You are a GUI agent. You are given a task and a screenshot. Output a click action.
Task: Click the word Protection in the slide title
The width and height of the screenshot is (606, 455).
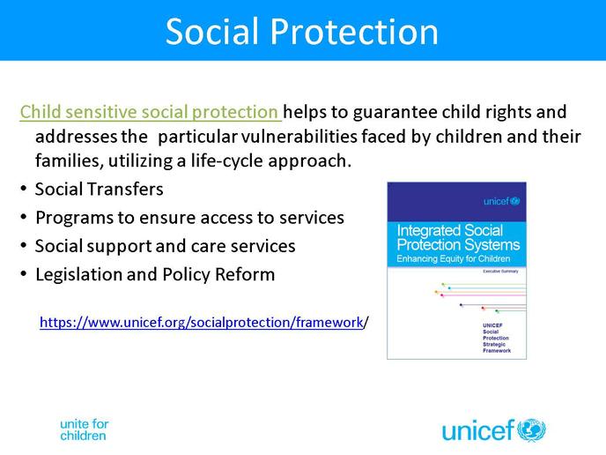(354, 32)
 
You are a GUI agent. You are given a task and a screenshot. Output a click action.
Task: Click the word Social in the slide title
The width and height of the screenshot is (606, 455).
(211, 32)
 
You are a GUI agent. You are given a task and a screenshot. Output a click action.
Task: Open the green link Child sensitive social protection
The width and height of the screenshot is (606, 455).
(151, 112)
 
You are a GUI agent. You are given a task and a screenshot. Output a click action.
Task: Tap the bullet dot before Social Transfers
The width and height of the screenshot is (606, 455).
(24, 189)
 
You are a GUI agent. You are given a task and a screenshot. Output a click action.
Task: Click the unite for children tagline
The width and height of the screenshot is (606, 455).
(85, 429)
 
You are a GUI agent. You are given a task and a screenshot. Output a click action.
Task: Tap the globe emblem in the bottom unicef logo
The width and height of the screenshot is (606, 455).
(531, 429)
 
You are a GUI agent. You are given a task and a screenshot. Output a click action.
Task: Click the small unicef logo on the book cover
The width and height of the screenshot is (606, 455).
(502, 201)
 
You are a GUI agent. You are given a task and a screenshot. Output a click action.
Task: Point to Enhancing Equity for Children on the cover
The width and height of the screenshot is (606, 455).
(454, 258)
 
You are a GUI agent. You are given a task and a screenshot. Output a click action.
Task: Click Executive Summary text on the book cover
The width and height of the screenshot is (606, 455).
(500, 272)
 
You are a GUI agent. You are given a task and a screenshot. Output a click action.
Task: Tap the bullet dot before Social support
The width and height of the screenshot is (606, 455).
(24, 246)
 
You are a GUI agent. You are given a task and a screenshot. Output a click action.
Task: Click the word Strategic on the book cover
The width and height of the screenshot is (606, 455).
(494, 345)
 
